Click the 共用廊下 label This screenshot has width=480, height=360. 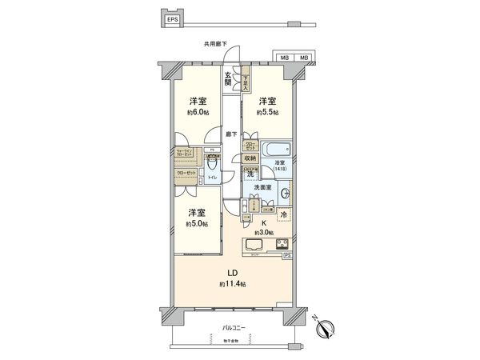[217, 46]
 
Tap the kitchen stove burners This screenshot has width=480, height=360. [282, 244]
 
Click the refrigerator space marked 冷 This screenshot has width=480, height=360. [284, 214]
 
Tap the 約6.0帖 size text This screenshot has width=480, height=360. [195, 113]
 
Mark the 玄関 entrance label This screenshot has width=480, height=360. [228, 78]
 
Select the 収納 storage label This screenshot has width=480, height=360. [250, 158]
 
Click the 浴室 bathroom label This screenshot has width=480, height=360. [282, 163]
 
